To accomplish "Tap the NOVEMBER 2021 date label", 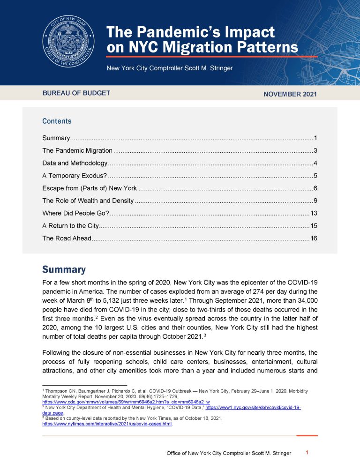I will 290,94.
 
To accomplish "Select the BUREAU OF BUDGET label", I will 76,93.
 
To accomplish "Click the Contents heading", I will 57,121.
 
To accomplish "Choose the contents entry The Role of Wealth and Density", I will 88,201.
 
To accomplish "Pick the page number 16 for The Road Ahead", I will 314,238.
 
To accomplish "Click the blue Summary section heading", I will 64,270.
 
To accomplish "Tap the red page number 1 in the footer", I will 307,453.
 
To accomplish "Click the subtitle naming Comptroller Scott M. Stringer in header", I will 169,68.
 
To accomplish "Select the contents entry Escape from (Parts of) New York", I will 90,188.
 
